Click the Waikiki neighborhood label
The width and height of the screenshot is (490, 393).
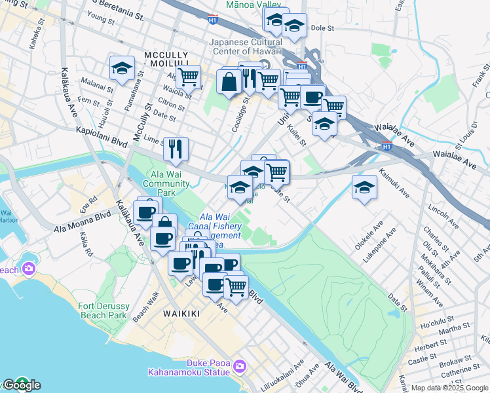(181, 314)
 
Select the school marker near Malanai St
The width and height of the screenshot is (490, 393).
(121, 68)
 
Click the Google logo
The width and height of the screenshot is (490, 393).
(21, 385)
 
